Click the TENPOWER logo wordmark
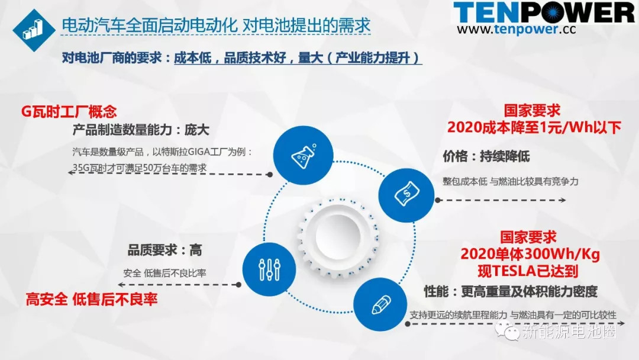[544, 12]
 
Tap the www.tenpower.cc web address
[517, 30]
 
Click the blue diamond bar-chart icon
[34, 30]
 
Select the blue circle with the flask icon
[303, 155]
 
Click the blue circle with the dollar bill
[406, 195]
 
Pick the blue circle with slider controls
[269, 269]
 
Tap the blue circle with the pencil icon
[380, 304]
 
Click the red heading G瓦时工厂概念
[69, 111]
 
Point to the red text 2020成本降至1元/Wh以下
[534, 127]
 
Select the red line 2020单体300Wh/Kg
[530, 254]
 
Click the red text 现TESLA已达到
[528, 271]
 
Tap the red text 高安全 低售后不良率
[92, 300]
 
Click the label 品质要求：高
[164, 250]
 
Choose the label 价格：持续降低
[486, 156]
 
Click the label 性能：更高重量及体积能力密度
[511, 291]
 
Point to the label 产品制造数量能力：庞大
[141, 130]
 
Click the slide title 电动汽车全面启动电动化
[149, 25]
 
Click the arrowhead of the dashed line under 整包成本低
[563, 200]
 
